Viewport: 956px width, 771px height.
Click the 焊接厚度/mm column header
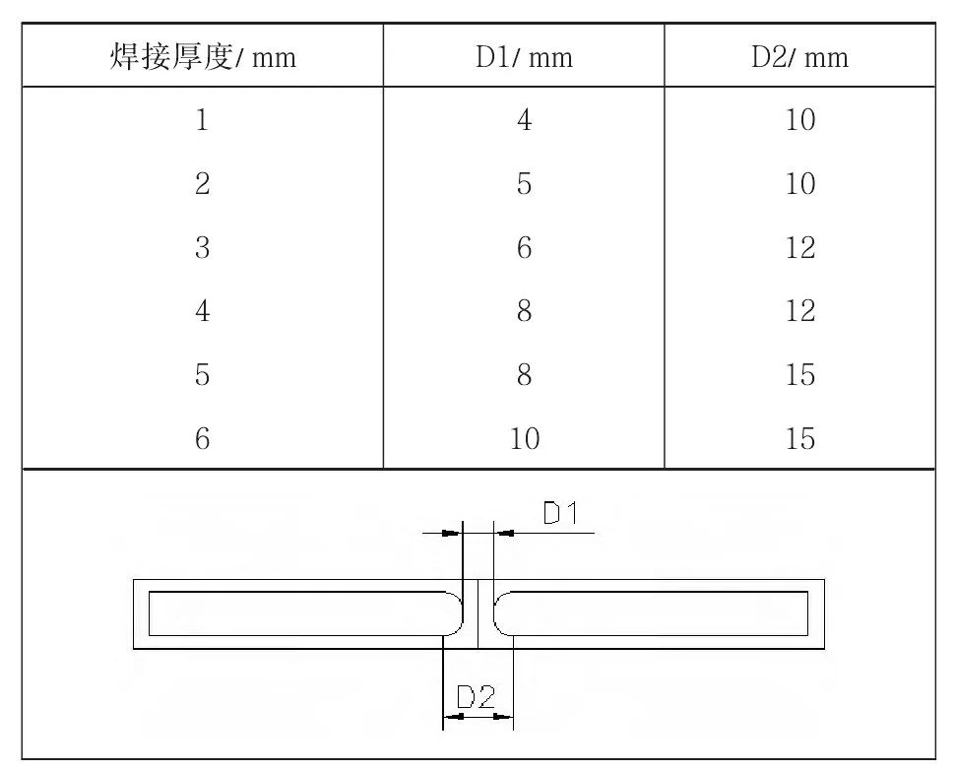click(203, 57)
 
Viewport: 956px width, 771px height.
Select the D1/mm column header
click(525, 57)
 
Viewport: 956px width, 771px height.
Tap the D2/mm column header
click(799, 57)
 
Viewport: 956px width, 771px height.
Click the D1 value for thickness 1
click(525, 119)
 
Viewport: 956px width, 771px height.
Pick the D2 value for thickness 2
click(799, 183)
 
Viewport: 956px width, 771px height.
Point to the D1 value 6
click(525, 248)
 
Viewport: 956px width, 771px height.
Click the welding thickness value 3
click(203, 248)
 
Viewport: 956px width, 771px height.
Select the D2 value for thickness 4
click(799, 311)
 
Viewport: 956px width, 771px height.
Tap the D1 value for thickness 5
click(525, 374)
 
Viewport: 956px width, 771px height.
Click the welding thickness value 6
click(203, 438)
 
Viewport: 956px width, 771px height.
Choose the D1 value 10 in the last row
click(525, 438)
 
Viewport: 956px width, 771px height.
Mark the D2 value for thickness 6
click(799, 438)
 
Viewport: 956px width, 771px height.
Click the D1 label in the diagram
click(560, 513)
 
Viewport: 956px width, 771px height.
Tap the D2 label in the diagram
click(477, 696)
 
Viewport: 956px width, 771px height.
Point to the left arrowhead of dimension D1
click(452, 533)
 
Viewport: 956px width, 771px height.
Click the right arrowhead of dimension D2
click(504, 716)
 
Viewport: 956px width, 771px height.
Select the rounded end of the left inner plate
click(456, 613)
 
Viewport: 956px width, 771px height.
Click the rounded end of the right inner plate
click(500, 613)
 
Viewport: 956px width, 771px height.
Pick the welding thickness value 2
click(203, 183)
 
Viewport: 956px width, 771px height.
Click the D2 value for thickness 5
click(799, 374)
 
